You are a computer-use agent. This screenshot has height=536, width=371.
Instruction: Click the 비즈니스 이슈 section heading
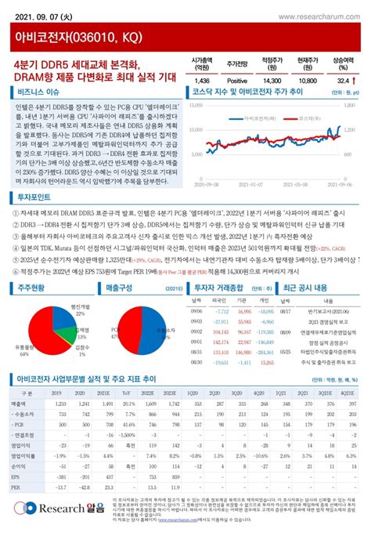pyautogui.click(x=38, y=91)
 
